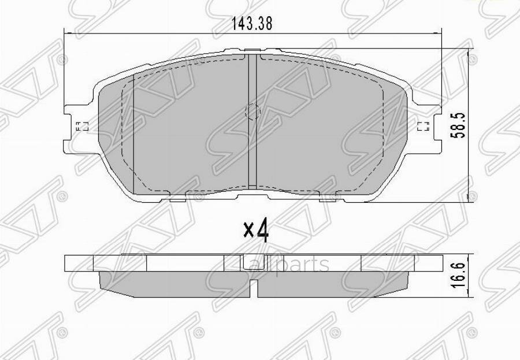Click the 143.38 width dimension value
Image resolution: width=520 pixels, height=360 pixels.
click(x=251, y=24)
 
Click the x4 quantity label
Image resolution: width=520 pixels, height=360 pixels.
click(x=256, y=230)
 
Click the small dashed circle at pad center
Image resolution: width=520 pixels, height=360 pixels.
click(x=252, y=112)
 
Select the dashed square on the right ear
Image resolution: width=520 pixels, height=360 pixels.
click(x=422, y=127)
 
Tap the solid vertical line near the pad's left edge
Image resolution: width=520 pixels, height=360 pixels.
click(x=133, y=133)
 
